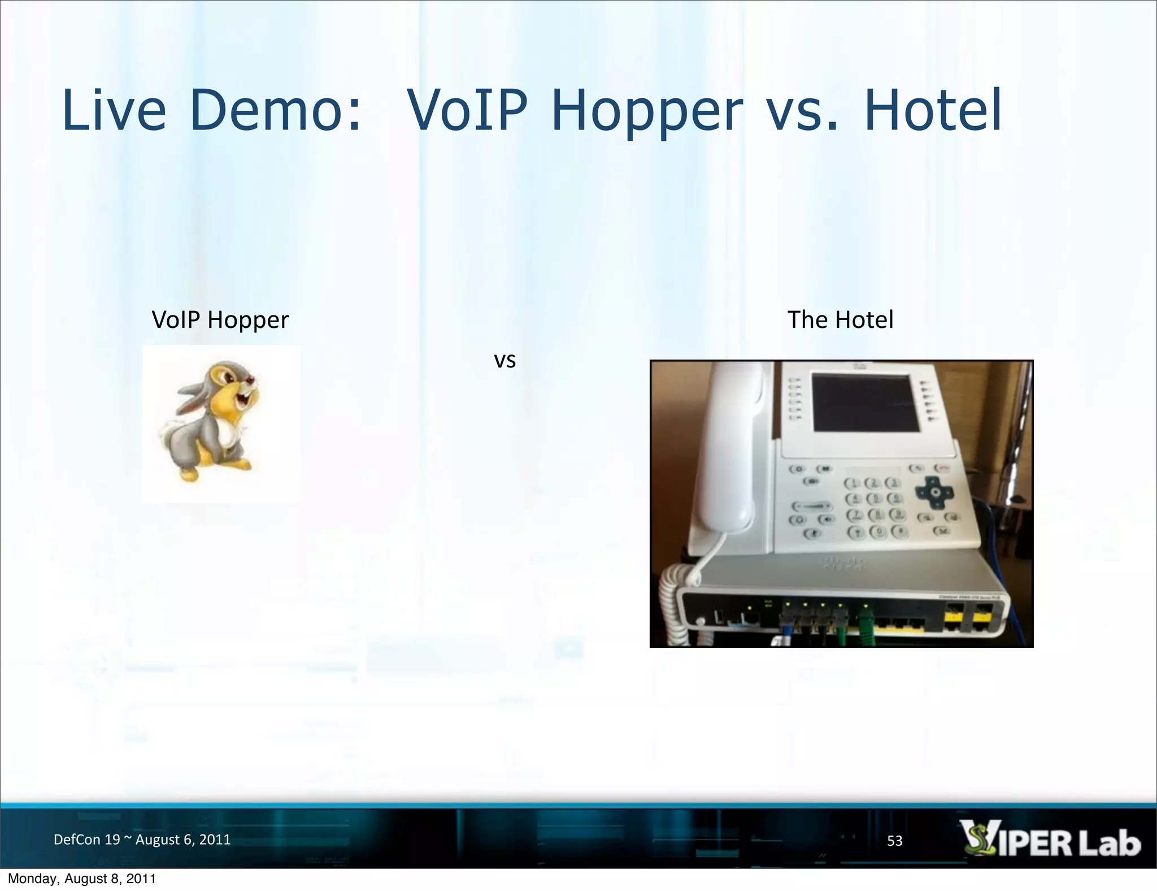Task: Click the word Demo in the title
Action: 275,110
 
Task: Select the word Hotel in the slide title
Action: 933,110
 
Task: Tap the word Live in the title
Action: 114,110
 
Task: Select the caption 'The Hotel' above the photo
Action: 840,320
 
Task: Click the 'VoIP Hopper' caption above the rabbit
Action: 220,320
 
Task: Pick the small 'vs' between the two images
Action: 504,361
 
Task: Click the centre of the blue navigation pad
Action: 936,492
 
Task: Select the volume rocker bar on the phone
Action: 812,507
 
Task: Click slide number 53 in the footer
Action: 895,841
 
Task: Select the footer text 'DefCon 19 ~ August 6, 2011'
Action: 142,840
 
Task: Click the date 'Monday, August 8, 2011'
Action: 82,879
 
